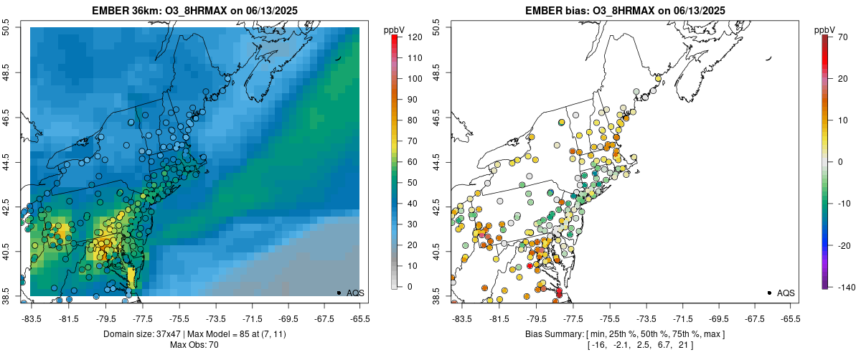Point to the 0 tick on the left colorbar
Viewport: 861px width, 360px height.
(x=409, y=287)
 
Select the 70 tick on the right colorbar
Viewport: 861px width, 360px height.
(x=842, y=37)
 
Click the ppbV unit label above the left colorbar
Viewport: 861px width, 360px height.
(x=394, y=29)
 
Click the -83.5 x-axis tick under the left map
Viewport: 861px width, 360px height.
(x=32, y=318)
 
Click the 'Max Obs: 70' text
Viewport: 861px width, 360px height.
(x=194, y=345)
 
